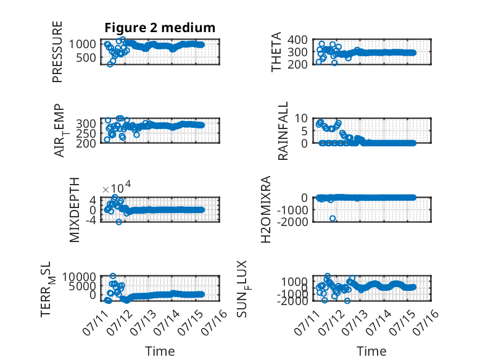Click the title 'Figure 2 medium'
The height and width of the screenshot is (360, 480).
tap(160, 28)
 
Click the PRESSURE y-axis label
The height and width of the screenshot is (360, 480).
tap(57, 52)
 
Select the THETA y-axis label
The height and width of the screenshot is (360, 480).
tap(276, 52)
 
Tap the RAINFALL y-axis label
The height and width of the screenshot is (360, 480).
tap(283, 131)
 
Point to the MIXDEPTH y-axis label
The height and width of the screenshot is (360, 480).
tap(75, 210)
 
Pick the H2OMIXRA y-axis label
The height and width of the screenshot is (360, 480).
tap(266, 209)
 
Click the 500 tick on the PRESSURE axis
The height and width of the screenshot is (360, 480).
tap(86, 57)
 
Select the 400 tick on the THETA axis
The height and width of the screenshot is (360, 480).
tap(297, 40)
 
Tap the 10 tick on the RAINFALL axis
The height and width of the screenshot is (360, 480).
tap(301, 118)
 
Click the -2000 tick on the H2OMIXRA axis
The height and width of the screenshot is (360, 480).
tap(292, 222)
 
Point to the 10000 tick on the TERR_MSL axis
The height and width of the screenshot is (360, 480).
tap(80, 277)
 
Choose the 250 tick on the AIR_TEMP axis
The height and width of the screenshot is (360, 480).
tap(86, 133)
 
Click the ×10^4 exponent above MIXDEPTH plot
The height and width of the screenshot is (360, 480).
tap(117, 188)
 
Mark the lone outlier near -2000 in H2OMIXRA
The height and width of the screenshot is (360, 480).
tap(333, 218)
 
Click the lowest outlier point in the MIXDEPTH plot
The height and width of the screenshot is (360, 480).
tap(119, 222)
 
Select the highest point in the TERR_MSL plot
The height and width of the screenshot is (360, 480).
tap(113, 276)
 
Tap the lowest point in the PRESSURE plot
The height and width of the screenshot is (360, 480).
tap(110, 64)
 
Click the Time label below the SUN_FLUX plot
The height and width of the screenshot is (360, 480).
tap(371, 351)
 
